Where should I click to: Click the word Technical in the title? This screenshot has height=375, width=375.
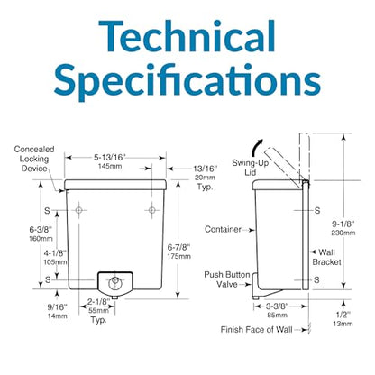(x=187, y=37)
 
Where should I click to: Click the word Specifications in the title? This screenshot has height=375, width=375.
(x=187, y=79)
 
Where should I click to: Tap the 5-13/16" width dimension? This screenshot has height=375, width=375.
(x=109, y=157)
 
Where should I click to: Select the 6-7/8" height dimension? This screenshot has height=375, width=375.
(x=178, y=247)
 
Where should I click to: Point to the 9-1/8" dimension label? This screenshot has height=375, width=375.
(x=343, y=224)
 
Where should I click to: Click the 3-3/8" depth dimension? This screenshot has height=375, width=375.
(x=277, y=306)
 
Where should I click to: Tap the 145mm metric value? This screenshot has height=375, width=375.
(x=110, y=166)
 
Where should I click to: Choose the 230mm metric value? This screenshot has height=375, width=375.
(x=343, y=233)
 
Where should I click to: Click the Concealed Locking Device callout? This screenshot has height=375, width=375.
(x=34, y=159)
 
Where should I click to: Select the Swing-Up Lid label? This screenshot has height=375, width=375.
(x=250, y=168)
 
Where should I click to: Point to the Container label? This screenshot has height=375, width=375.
(x=223, y=229)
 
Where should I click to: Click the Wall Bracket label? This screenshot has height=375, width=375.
(x=326, y=257)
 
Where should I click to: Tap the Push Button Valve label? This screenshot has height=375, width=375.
(x=227, y=279)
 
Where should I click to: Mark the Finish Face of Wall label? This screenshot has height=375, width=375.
(x=256, y=330)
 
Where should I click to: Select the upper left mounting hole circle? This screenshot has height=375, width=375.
(x=78, y=210)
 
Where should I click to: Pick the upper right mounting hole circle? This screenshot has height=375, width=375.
(x=152, y=210)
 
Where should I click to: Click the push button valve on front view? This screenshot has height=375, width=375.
(x=115, y=282)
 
